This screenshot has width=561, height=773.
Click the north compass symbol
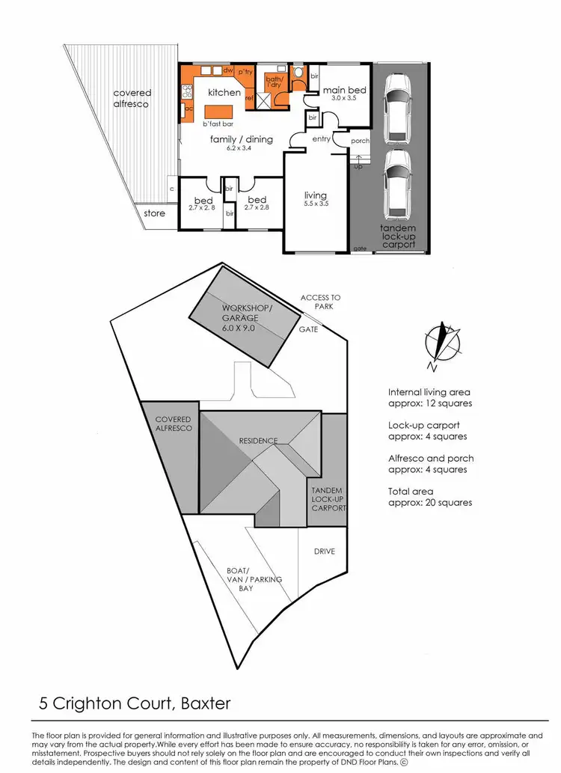click(441, 344)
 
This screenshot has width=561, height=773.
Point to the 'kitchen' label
click(224, 93)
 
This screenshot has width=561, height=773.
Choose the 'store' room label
click(154, 214)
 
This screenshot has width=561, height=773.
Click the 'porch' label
click(360, 140)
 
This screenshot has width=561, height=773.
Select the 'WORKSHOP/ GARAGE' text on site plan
click(248, 318)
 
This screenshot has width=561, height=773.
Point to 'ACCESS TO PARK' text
click(320, 302)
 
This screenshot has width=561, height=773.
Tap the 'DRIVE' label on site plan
click(325, 552)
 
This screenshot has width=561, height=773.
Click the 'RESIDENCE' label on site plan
click(259, 441)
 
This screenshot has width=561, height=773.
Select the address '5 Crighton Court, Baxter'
click(135, 703)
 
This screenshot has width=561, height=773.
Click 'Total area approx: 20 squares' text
click(430, 497)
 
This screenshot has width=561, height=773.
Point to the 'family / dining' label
click(242, 139)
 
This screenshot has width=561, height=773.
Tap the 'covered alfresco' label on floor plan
click(132, 98)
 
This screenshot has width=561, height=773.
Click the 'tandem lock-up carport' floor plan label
click(398, 236)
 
